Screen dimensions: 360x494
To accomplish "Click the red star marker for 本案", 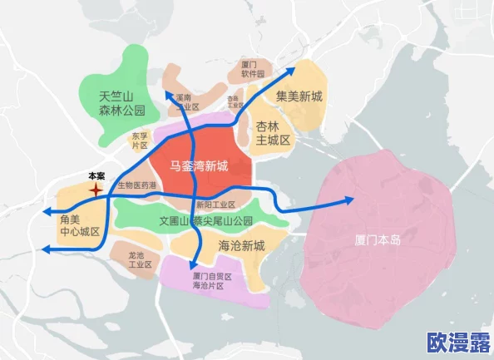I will [x=96, y=190].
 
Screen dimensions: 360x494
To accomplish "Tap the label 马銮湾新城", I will [x=199, y=165].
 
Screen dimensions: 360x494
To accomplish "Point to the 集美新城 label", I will [x=299, y=96].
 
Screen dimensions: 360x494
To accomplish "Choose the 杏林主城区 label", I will [x=272, y=133].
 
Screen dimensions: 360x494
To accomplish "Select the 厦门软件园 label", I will [x=252, y=69].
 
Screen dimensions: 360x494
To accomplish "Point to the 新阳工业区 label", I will [x=216, y=205].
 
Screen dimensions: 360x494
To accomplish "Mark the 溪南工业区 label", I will [x=188, y=102].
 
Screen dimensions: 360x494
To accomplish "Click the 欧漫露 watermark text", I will [x=457, y=342].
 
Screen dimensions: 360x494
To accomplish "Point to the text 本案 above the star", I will [x=96, y=175].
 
